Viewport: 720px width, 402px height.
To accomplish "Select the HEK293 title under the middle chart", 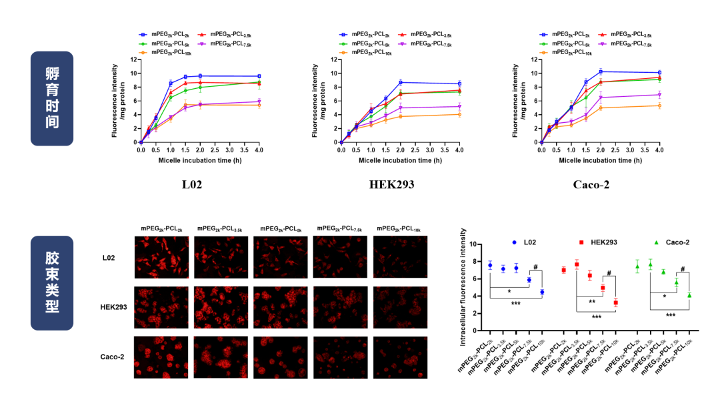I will click(392, 184).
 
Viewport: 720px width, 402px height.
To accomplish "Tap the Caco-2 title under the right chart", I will click(591, 184).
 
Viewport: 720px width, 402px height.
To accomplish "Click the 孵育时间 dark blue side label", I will click(52, 98).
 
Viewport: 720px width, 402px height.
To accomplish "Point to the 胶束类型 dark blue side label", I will click(52, 283).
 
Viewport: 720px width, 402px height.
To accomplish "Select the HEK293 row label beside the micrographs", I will click(113, 307).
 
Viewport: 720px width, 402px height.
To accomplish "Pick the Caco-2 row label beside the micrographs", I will click(113, 357).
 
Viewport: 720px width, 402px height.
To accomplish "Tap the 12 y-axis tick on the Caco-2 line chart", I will click(534, 59).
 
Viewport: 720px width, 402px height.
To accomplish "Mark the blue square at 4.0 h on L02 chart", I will click(259, 76).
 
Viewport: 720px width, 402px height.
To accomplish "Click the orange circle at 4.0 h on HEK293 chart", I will click(459, 114).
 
